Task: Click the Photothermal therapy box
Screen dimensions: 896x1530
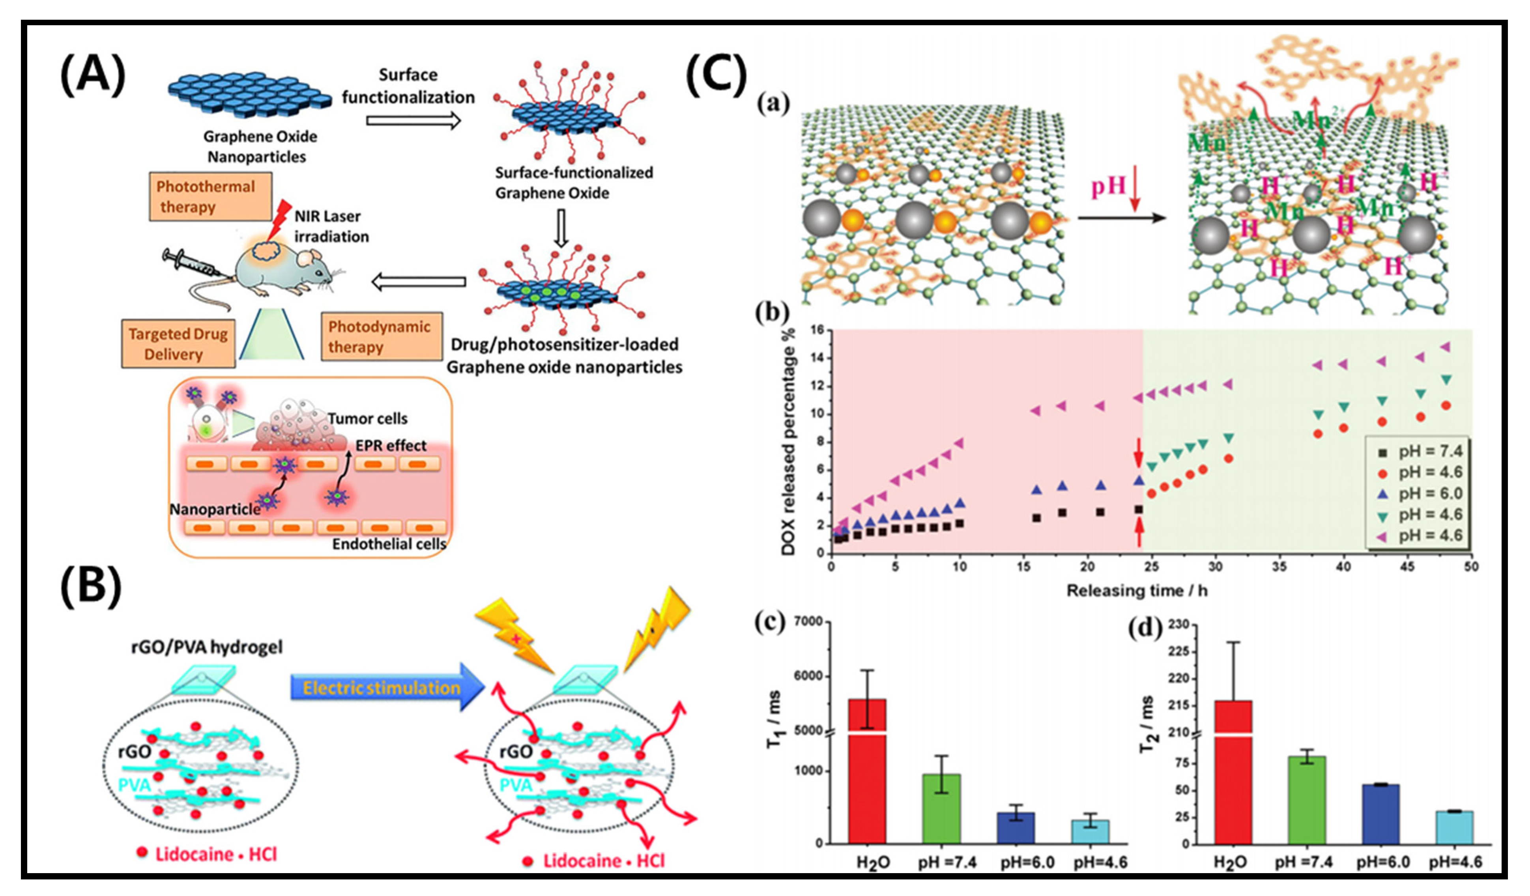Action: [x=210, y=196]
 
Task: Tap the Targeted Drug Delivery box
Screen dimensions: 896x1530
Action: [x=178, y=343]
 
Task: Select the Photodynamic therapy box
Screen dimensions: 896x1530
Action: [x=381, y=336]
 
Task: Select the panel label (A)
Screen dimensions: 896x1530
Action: [x=92, y=74]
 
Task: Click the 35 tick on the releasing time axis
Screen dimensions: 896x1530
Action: [x=1279, y=566]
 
